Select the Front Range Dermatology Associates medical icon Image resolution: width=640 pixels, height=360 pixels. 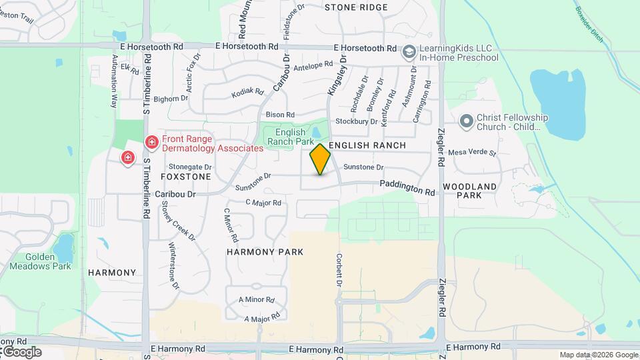(x=151, y=142)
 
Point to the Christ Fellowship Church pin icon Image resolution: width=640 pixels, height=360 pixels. (x=466, y=121)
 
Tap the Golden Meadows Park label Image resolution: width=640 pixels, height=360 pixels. (x=40, y=261)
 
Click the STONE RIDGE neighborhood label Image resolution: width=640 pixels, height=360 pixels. (x=356, y=7)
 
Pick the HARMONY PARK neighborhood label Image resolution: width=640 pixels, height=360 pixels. (x=265, y=252)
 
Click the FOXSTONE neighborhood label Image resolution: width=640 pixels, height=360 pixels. (x=186, y=177)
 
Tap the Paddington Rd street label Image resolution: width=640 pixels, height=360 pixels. (x=407, y=188)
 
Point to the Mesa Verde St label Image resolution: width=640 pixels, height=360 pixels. (x=473, y=153)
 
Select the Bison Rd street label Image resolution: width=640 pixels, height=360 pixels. (x=280, y=115)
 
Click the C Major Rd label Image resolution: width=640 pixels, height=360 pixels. (x=263, y=203)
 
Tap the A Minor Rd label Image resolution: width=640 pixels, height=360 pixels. (x=257, y=299)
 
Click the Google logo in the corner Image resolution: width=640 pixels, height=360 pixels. (x=22, y=351)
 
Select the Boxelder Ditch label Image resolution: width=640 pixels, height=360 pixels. (x=589, y=23)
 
